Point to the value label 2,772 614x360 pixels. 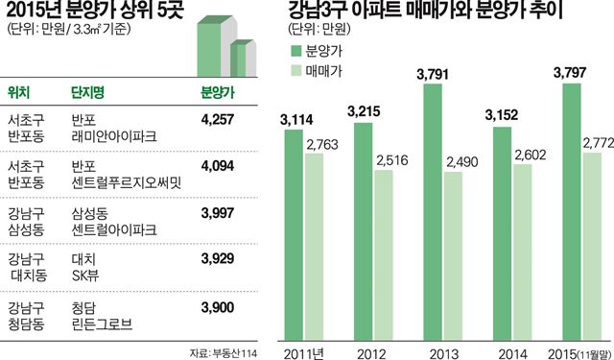point(597,144)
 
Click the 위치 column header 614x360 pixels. point(18,92)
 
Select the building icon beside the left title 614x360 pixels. point(226,43)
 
